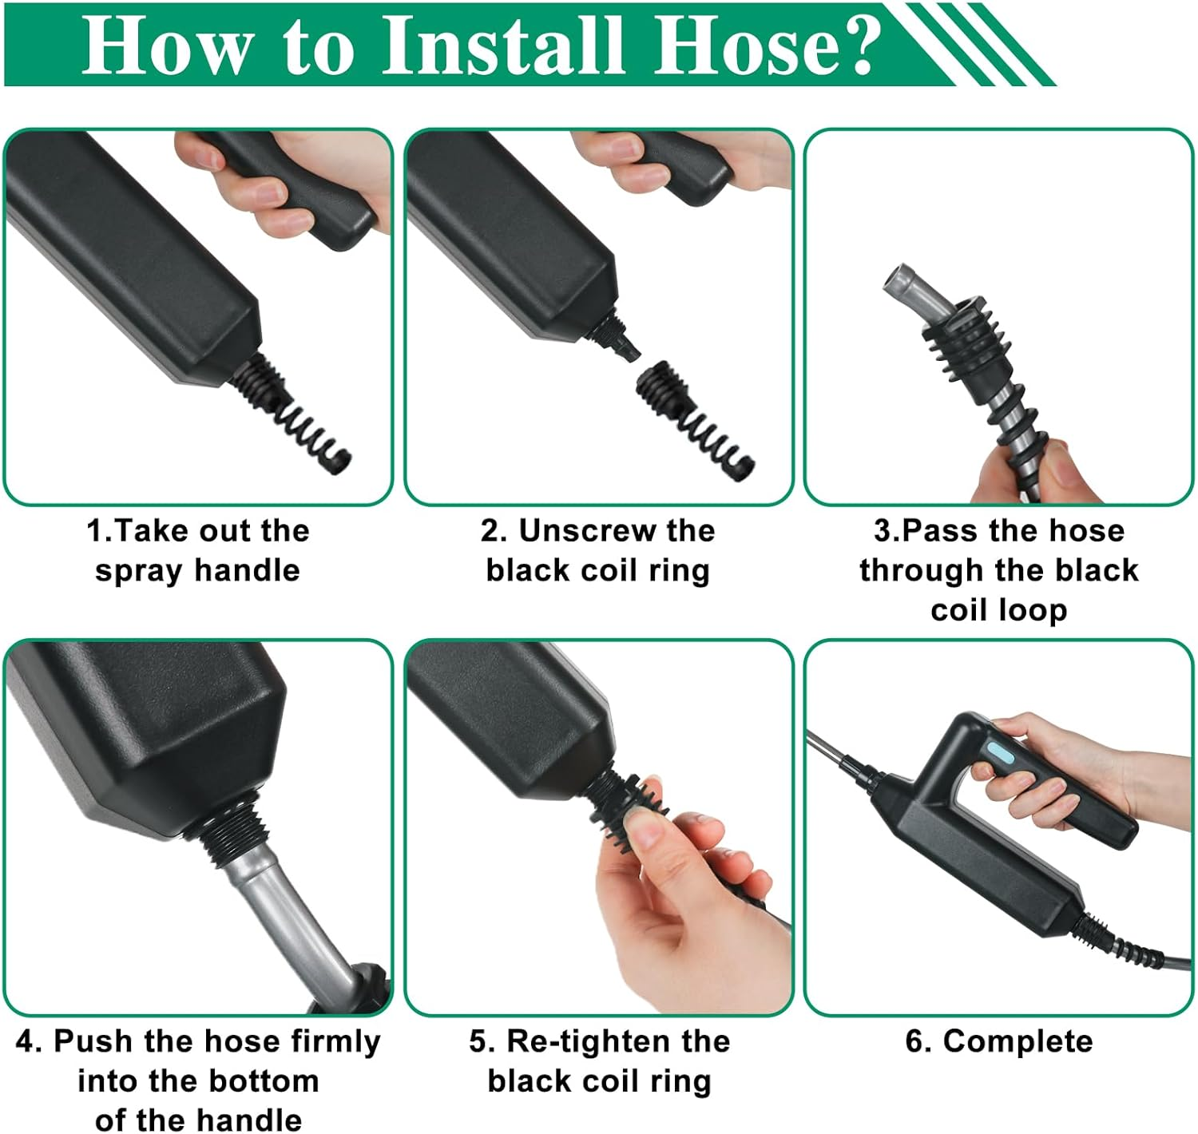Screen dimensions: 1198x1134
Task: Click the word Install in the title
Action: point(503,46)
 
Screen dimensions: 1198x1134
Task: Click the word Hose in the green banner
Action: point(736,46)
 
